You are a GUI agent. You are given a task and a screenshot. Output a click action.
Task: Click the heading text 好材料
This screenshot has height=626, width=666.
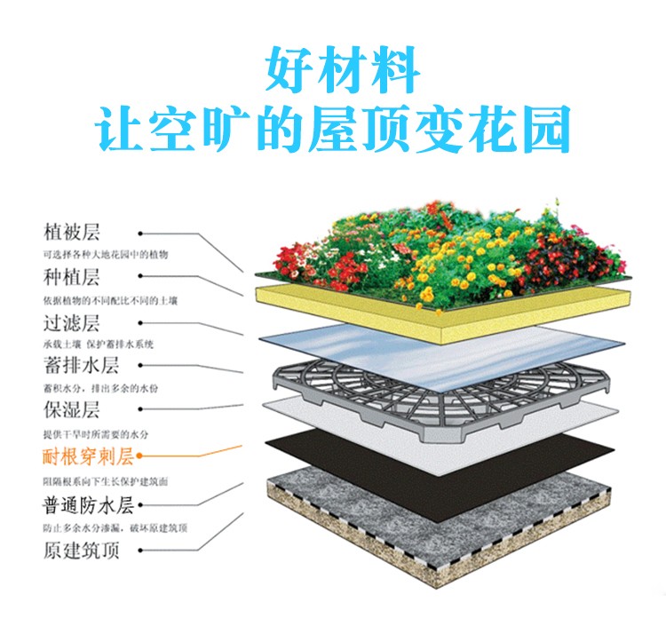pyautogui.click(x=343, y=70)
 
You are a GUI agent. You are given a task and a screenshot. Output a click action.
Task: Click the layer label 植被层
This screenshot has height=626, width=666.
pyautogui.click(x=72, y=232)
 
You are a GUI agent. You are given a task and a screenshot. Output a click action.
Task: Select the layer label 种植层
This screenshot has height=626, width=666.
pyautogui.click(x=72, y=277)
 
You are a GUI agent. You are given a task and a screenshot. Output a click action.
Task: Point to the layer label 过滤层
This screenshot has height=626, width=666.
pyautogui.click(x=72, y=323)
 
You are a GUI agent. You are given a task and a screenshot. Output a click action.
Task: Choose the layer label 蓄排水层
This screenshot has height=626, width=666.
pyautogui.click(x=81, y=365)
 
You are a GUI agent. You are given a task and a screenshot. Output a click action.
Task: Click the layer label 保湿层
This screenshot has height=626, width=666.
pyautogui.click(x=72, y=409)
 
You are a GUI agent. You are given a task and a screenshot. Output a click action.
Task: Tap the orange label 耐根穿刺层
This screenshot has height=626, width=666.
pyautogui.click(x=88, y=456)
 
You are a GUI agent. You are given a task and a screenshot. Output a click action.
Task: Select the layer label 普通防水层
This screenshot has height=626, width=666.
pyautogui.click(x=88, y=505)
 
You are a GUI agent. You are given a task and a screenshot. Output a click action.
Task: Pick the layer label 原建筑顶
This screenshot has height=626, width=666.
pyautogui.click(x=81, y=550)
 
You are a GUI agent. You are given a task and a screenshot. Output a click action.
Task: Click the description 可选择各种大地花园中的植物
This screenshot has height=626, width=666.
pyautogui.click(x=106, y=254)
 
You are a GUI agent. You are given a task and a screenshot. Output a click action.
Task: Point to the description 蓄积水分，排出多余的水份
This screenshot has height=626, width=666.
pyautogui.click(x=100, y=388)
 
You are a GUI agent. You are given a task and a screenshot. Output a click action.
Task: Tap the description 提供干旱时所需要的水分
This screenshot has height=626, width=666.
pyautogui.click(x=96, y=434)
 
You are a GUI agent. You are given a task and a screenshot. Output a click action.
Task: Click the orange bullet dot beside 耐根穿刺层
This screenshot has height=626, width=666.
pyautogui.click(x=139, y=456)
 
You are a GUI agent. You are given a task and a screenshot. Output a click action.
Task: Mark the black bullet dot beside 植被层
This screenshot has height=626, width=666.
pyautogui.click(x=140, y=234)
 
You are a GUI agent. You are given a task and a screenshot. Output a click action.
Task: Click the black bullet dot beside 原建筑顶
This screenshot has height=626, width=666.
pyautogui.click(x=140, y=551)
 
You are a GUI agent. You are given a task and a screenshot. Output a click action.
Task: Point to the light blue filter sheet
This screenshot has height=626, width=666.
pyautogui.click(x=441, y=356)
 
